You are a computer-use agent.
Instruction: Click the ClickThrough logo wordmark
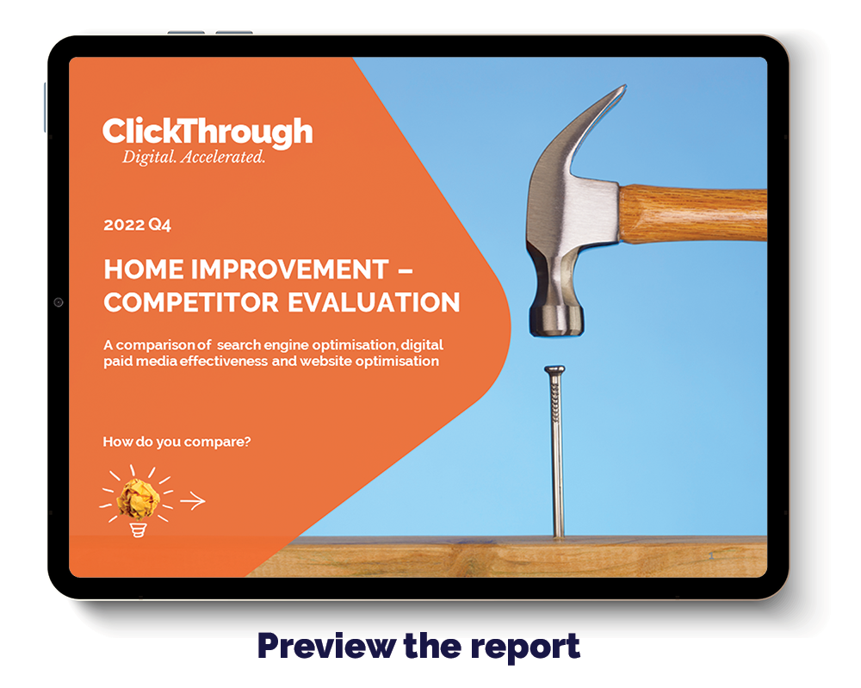(x=208, y=132)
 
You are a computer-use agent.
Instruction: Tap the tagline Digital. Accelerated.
(x=193, y=157)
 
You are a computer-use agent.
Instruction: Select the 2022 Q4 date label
(x=137, y=225)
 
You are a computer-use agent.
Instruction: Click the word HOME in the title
(x=144, y=270)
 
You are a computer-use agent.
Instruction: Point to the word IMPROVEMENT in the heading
(x=290, y=270)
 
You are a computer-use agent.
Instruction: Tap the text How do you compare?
(x=177, y=442)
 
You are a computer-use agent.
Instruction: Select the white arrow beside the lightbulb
(x=193, y=500)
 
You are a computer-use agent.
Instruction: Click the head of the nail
(x=554, y=369)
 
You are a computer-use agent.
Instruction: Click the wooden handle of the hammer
(x=693, y=213)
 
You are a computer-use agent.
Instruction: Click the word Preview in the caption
(x=326, y=647)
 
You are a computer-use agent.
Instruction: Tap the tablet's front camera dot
(x=59, y=302)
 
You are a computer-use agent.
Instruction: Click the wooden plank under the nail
(x=505, y=556)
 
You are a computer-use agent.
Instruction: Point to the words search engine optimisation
(x=307, y=345)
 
